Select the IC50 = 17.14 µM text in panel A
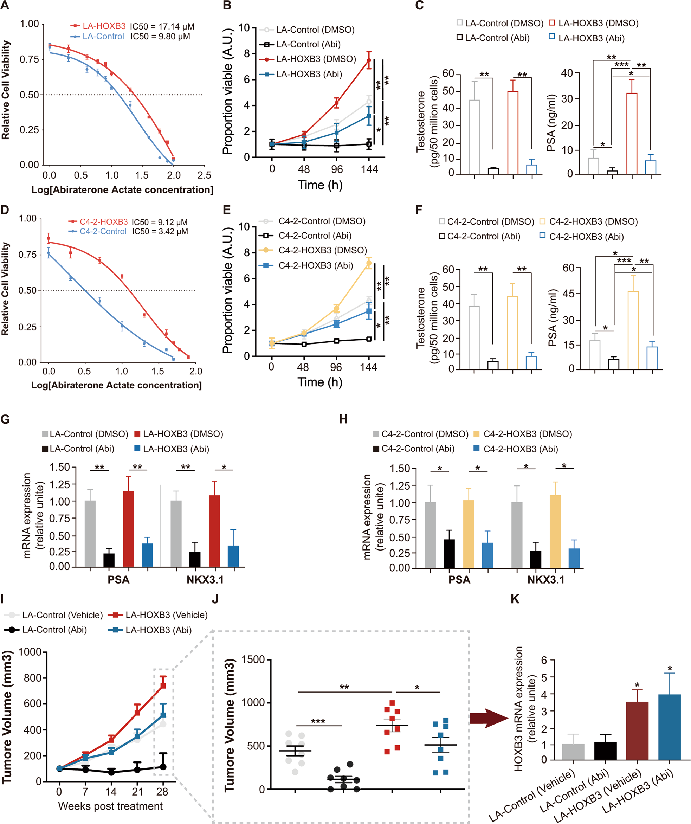[162, 27]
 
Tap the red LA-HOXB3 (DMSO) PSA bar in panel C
[631, 134]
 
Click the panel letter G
[5, 419]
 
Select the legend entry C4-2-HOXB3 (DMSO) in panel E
[322, 250]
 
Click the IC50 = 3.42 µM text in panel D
[160, 232]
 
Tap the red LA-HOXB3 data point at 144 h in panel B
[369, 60]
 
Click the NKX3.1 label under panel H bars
[545, 580]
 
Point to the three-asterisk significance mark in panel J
[318, 721]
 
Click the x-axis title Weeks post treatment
[110, 806]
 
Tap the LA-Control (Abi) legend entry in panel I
[54, 630]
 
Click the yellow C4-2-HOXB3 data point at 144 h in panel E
[368, 264]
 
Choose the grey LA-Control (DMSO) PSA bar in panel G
[90, 534]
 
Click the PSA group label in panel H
[459, 580]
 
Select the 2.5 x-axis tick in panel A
[204, 175]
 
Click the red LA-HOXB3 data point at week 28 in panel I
[163, 685]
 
